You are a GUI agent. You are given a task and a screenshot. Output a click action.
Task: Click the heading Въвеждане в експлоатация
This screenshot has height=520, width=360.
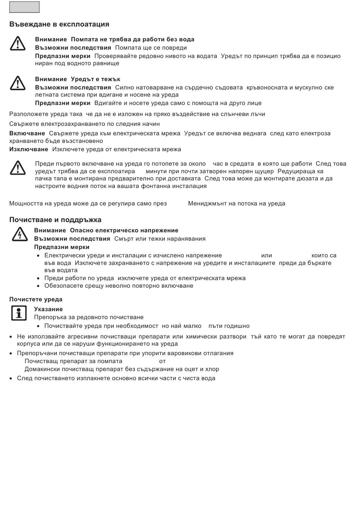[59, 24]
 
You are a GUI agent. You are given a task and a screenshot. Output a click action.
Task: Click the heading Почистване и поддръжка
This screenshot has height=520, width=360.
[55, 220]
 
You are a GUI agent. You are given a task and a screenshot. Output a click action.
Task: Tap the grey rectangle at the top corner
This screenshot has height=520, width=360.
[24, 7]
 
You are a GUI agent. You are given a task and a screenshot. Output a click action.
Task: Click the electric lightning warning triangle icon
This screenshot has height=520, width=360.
[19, 234]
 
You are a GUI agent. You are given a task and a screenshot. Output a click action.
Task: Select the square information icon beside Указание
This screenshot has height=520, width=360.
[19, 313]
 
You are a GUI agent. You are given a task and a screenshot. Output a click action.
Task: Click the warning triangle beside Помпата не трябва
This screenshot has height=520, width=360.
[17, 44]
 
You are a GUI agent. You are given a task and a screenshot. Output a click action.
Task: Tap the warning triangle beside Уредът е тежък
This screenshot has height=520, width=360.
[17, 83]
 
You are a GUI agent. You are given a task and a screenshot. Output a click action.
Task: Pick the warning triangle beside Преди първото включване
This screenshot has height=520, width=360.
[17, 168]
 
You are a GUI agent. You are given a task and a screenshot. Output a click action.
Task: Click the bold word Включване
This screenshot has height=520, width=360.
[27, 133]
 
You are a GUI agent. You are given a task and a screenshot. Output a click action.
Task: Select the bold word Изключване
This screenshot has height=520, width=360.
[29, 149]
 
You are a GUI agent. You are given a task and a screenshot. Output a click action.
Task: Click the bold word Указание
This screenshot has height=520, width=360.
[49, 309]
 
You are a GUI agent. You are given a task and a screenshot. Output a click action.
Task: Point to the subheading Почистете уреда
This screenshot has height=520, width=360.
[36, 299]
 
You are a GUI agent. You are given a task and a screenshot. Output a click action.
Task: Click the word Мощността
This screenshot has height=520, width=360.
[26, 204]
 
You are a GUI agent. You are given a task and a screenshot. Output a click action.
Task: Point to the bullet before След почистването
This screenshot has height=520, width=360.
[11, 378]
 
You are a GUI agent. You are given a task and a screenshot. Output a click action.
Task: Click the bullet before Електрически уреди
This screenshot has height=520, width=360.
[39, 256]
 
